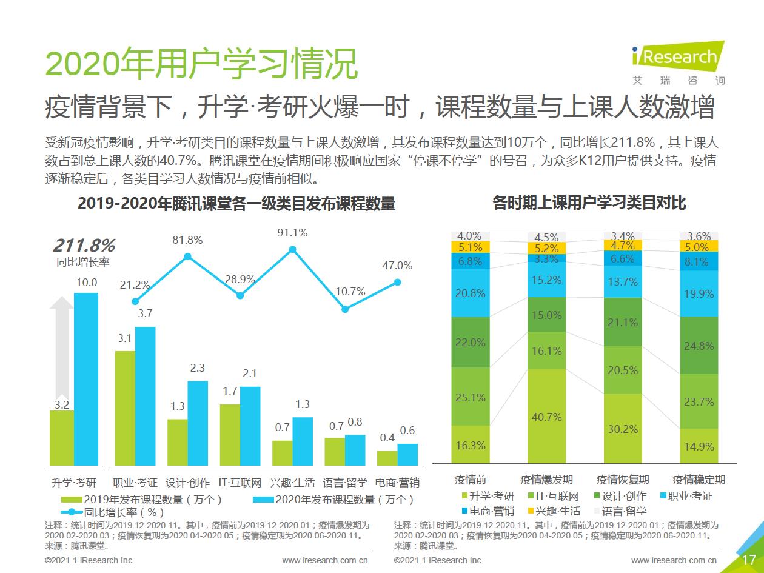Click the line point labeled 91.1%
[x=292, y=249]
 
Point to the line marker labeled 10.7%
[x=345, y=309]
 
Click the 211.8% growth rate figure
[x=84, y=246]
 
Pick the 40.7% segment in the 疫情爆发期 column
[x=546, y=416]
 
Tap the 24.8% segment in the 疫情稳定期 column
[x=699, y=346]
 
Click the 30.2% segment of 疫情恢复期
[x=623, y=428]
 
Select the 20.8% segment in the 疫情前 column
[x=471, y=293]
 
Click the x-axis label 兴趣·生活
[x=293, y=483]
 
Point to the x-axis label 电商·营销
[x=398, y=483]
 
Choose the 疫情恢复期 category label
[x=623, y=480]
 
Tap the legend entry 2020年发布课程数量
[x=333, y=500]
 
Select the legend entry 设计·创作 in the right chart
[x=619, y=496]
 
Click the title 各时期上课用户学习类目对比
[x=589, y=203]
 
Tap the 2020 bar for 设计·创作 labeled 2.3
[x=198, y=422]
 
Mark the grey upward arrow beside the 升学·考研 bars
[x=61, y=352]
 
